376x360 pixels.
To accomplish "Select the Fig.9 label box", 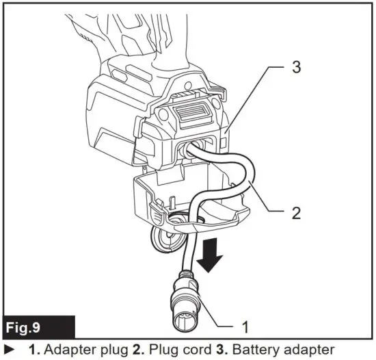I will coord(37,323).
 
